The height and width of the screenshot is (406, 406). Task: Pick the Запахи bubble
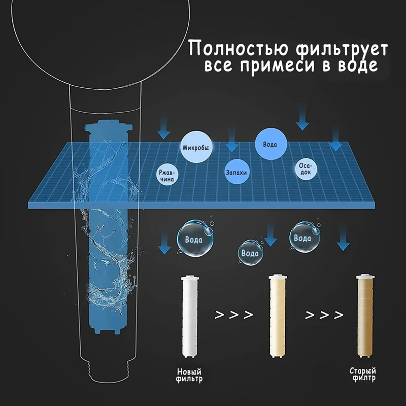(236, 173)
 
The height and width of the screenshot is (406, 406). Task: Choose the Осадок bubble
(305, 170)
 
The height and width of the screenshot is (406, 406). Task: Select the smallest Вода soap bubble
(250, 252)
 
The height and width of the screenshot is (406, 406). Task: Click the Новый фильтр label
(189, 374)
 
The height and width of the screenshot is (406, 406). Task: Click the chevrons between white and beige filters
(233, 315)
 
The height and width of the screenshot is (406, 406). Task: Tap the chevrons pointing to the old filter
(324, 315)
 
